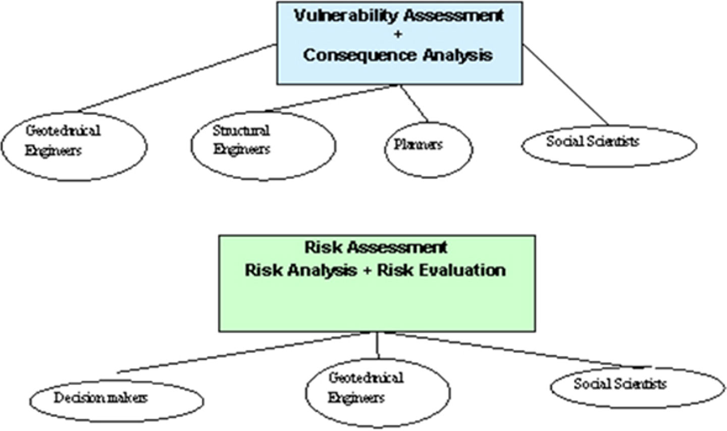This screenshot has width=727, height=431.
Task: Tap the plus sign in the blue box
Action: coord(398,34)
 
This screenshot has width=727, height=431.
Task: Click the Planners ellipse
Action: coord(429,149)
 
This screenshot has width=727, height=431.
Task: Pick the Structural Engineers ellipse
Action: coord(263,145)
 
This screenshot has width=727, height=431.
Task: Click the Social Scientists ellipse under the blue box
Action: coord(609,146)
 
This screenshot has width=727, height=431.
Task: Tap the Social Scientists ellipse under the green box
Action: coord(637,388)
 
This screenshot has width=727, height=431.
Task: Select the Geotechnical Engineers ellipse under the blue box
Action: coord(74,146)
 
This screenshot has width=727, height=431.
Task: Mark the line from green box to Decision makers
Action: coord(242,352)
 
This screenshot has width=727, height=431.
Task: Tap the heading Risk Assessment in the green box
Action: coord(376,247)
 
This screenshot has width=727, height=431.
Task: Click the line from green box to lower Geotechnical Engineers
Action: coord(377,345)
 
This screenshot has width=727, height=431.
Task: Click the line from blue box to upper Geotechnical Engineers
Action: coord(177,77)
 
